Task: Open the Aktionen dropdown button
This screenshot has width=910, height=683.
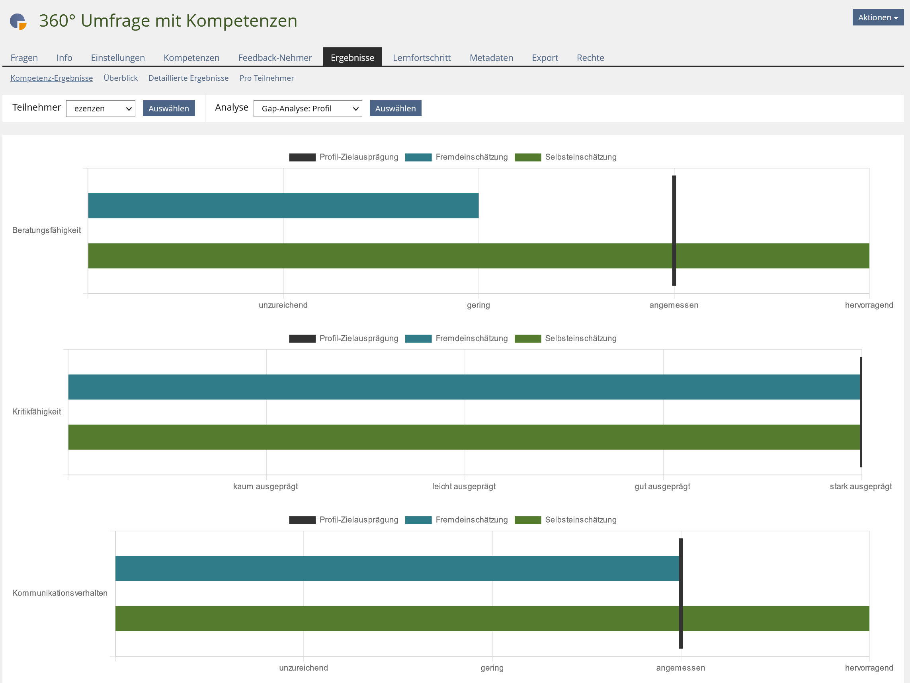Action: point(877,17)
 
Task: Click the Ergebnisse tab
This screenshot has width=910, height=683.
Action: point(352,58)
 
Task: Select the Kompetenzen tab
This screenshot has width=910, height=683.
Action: point(191,58)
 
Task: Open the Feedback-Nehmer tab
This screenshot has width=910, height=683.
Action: point(275,58)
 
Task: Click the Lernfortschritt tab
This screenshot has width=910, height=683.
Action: point(422,58)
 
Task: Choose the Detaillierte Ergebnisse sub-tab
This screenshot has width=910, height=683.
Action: point(188,78)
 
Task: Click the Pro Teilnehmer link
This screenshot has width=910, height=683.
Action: point(267,78)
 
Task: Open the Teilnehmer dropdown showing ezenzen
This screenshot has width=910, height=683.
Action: point(100,109)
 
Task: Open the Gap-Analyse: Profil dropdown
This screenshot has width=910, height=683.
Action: point(307,109)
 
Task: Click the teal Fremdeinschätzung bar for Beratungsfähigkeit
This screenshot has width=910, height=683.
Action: point(283,206)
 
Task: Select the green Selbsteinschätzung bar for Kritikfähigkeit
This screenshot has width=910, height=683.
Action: point(464,437)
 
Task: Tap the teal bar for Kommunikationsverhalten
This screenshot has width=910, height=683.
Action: point(397,568)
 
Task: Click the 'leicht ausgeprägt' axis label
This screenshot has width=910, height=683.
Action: point(464,486)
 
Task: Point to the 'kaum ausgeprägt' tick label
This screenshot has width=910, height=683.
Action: point(266,486)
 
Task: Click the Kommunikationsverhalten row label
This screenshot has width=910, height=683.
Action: point(60,593)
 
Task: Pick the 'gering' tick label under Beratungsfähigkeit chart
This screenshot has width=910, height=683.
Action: point(478,305)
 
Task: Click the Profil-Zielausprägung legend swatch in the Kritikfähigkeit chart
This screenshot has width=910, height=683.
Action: point(302,339)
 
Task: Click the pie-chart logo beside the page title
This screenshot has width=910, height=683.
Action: point(18,21)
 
